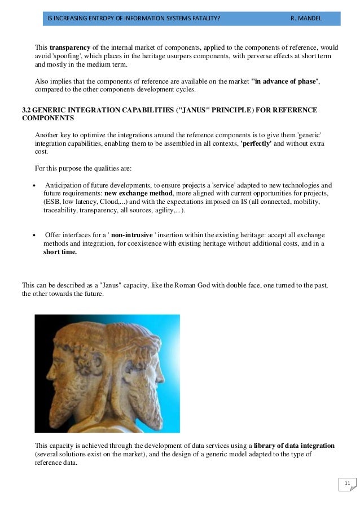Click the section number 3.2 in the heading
click(27, 109)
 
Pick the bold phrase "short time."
click(60, 252)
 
